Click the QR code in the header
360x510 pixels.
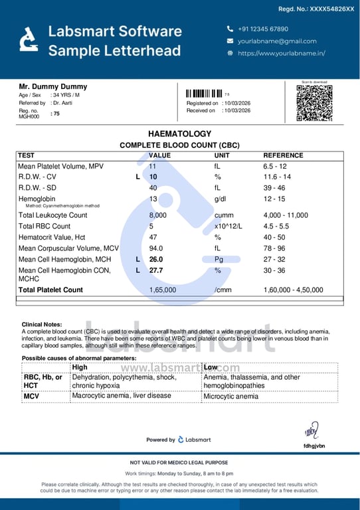click(x=314, y=103)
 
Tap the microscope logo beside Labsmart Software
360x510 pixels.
click(x=29, y=40)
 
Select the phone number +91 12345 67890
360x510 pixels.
click(x=263, y=29)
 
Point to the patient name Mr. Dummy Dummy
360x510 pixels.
click(x=52, y=86)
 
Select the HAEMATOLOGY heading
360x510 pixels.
click(x=179, y=133)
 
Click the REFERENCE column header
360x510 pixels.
click(x=283, y=155)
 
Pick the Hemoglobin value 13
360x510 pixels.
click(x=153, y=199)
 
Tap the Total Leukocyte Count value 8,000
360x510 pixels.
click(x=157, y=215)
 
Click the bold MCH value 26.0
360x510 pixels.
click(x=156, y=260)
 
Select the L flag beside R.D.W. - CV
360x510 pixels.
click(x=137, y=177)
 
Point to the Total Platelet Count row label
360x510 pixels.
click(x=50, y=290)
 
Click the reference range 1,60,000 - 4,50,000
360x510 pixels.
click(x=293, y=290)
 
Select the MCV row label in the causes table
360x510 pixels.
click(x=31, y=396)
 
